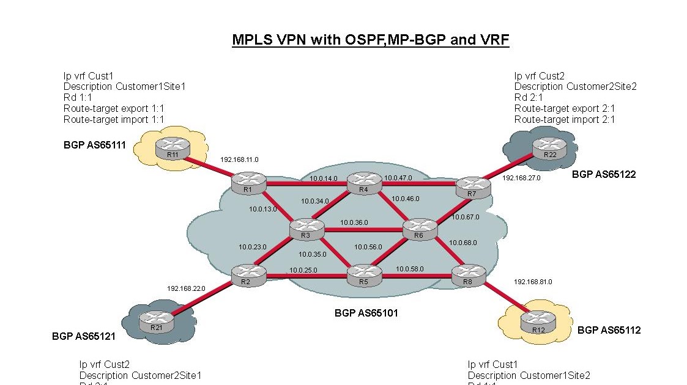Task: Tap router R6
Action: point(419,229)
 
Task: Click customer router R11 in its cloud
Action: point(172,147)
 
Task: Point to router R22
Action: point(549,147)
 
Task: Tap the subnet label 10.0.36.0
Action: point(354,222)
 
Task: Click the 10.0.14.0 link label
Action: point(323,178)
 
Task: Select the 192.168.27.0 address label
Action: point(521,178)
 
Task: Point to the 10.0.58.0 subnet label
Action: point(409,269)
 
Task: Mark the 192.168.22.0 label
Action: point(186,288)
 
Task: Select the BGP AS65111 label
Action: point(95,145)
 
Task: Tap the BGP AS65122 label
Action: point(604,174)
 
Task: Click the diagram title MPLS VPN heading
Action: point(371,40)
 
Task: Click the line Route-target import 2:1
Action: point(564,120)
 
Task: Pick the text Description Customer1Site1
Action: point(124,87)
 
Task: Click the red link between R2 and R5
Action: point(303,276)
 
